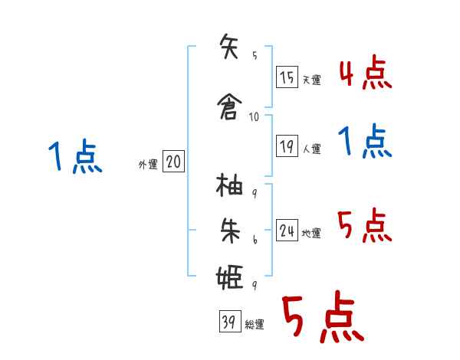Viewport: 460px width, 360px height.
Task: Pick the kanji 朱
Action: click(x=231, y=230)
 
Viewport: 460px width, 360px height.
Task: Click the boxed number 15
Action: click(x=287, y=77)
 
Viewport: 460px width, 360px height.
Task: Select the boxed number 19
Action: click(x=287, y=146)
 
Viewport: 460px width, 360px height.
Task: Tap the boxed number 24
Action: click(x=287, y=231)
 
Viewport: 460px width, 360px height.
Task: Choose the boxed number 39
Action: click(x=228, y=322)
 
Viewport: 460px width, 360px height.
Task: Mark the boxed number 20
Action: click(x=173, y=162)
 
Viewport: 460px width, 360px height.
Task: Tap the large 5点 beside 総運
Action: click(x=322, y=319)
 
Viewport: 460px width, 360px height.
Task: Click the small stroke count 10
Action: click(x=254, y=117)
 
